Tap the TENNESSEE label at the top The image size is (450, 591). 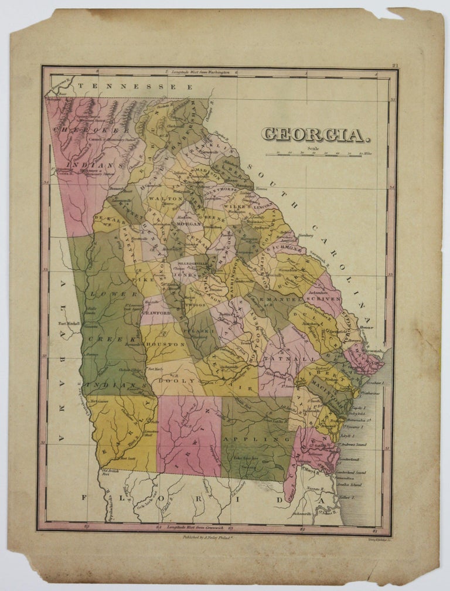(x=135, y=86)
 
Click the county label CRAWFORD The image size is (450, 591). (x=156, y=313)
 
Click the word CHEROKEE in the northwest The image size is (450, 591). (x=86, y=130)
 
